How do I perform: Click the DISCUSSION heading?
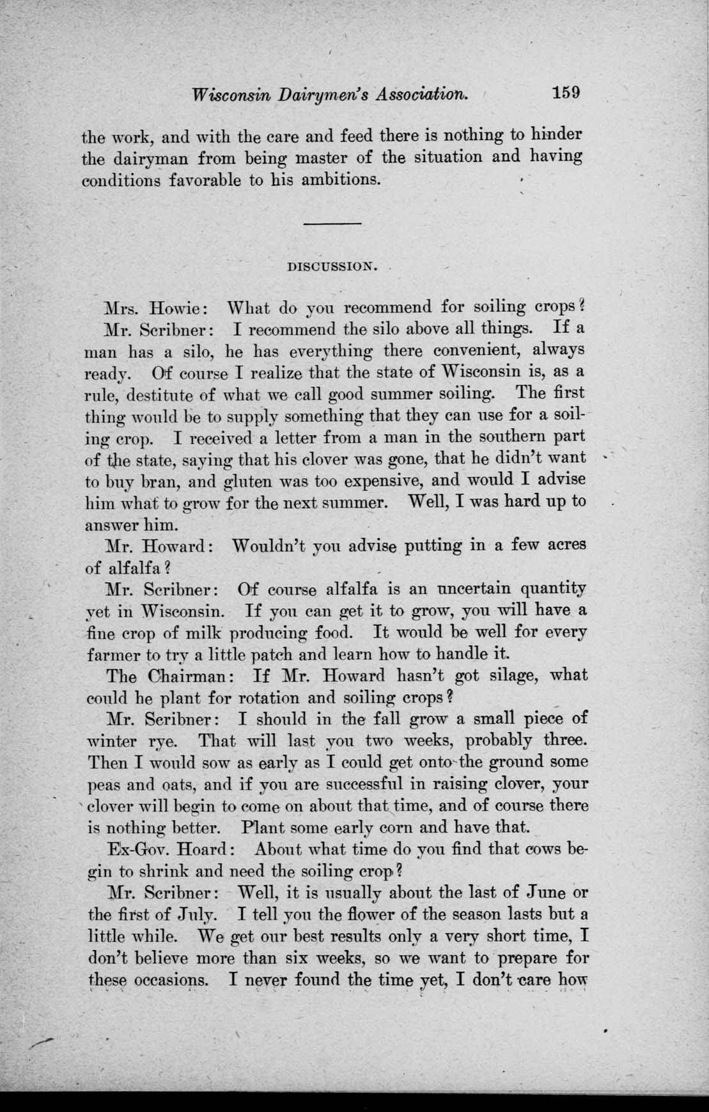331,266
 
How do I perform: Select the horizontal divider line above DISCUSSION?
332,223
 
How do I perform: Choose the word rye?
160,742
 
